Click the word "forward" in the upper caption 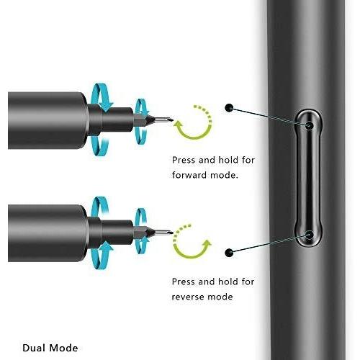coord(189,175)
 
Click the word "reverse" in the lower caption coord(188,297)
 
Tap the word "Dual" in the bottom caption coord(33,348)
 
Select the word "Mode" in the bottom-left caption coord(63,348)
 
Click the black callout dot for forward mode coord(229,108)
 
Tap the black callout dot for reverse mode coord(229,253)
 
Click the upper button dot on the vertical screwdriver coord(310,125)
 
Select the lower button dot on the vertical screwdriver coord(310,235)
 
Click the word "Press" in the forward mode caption coord(184,160)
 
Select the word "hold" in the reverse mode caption coord(228,282)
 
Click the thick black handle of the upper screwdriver coord(47,120)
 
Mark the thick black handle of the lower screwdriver coord(47,233)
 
